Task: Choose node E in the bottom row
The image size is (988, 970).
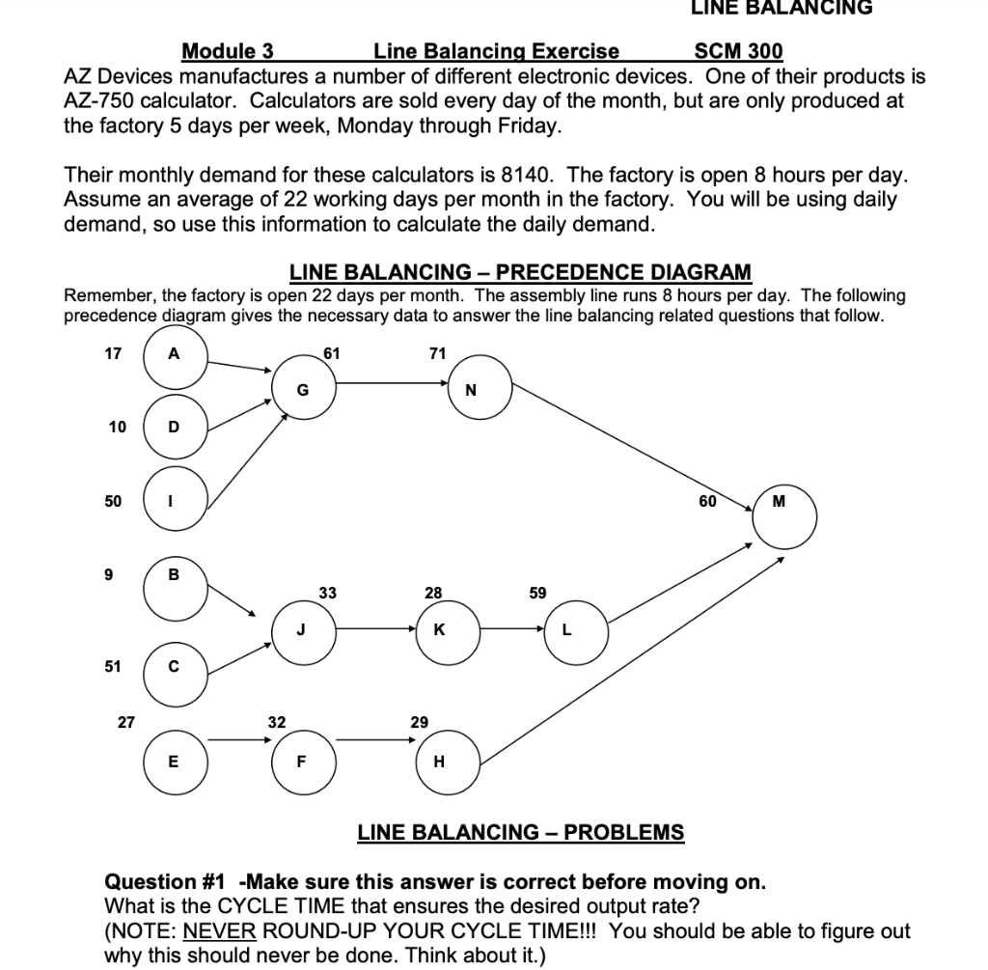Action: click(174, 761)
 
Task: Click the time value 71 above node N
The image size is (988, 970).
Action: click(437, 353)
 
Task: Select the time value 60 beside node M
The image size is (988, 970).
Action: click(707, 501)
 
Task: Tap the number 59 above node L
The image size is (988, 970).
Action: click(538, 593)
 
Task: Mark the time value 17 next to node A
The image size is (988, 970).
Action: click(113, 353)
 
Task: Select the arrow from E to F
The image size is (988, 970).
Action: click(239, 741)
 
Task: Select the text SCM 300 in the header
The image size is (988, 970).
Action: click(738, 51)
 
